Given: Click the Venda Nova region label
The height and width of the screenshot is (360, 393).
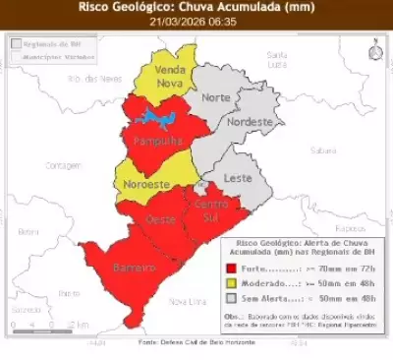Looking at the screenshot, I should (x=172, y=78).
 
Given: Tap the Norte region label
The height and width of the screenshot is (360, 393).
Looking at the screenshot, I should (x=215, y=97).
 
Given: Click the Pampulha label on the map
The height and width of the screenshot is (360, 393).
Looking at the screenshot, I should (x=158, y=141).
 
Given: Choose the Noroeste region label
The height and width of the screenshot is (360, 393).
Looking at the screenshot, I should (x=147, y=184).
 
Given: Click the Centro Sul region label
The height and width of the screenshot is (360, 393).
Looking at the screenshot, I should (x=212, y=210).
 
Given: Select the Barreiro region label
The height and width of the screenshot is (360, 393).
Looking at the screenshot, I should (x=135, y=268).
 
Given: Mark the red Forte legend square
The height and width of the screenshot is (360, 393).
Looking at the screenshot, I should (x=230, y=267).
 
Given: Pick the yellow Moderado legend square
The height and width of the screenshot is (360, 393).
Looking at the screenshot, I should (x=230, y=282).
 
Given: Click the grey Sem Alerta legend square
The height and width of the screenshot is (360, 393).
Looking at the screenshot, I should (x=230, y=298).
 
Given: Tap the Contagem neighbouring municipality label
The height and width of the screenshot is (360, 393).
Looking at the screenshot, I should (x=65, y=165).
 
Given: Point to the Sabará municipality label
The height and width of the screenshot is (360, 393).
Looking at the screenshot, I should (x=323, y=150).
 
